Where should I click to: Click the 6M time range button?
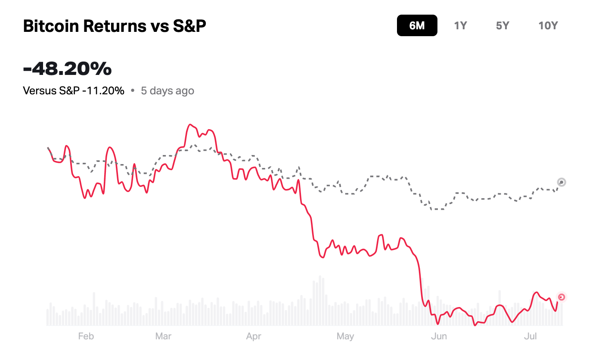[417, 26]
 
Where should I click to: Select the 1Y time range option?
[460, 26]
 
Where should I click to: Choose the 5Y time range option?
[502, 26]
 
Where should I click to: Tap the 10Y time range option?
[548, 26]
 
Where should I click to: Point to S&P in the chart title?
[189, 26]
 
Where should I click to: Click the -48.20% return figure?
[67, 68]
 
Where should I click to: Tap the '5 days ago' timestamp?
[167, 91]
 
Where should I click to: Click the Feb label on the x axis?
[86, 336]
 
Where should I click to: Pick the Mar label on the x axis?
[163, 336]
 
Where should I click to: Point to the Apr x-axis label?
[254, 336]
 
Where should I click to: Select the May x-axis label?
[345, 336]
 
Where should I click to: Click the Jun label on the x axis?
[439, 336]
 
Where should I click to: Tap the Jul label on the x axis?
[530, 336]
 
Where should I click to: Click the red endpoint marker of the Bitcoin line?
[561, 297]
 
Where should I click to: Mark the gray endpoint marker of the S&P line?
[561, 182]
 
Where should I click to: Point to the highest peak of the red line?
[189, 125]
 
